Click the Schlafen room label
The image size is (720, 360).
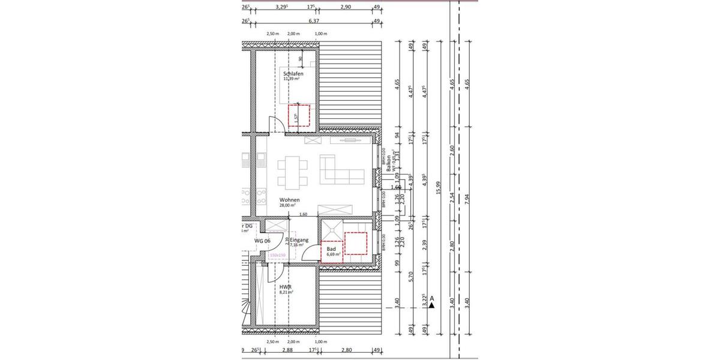coord(293,73)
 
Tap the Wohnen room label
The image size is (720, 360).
coord(289,200)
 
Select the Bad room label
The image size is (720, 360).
coord(331,249)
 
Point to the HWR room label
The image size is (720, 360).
coord(286,287)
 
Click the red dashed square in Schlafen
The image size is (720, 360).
coord(299,115)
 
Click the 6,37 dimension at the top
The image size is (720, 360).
coord(313,20)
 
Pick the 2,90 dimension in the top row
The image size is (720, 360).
coord(345,7)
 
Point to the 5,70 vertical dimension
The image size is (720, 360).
coord(410,277)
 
